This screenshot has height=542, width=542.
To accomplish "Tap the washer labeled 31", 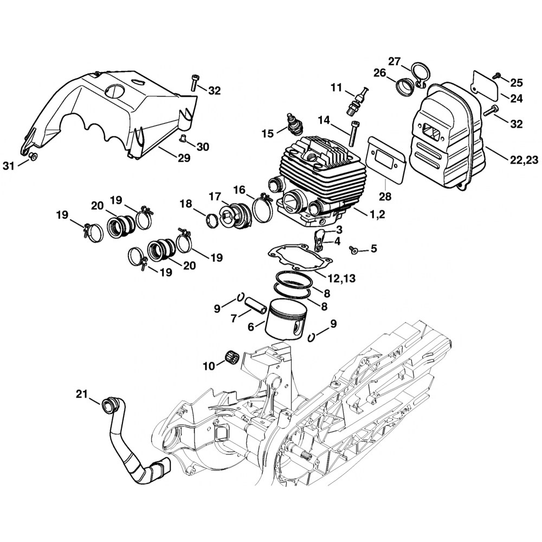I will (x=33, y=157).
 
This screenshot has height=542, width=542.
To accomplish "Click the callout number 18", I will (x=186, y=203).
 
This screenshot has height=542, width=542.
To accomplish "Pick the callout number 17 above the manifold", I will (x=215, y=195).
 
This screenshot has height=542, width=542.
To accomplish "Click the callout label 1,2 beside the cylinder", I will (x=377, y=215).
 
